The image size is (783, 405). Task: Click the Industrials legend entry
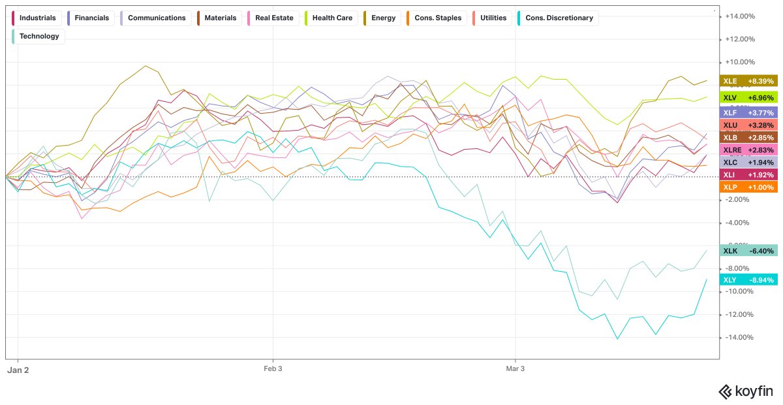coord(35,18)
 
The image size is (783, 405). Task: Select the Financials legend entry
coord(91,18)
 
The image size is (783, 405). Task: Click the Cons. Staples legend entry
coord(434,18)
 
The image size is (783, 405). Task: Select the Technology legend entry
coord(38,37)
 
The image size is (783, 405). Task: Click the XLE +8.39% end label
coord(748,82)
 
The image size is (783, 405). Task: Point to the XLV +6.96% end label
coord(748,97)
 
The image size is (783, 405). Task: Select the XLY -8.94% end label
coord(748,280)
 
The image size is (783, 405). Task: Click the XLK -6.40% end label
coord(748,251)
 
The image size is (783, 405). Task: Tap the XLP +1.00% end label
coord(748,187)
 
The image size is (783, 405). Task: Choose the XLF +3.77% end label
coord(748,112)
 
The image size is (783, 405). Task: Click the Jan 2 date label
coord(18,370)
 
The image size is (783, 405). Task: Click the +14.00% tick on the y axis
coord(740,16)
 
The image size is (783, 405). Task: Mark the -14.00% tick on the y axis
coord(740,337)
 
